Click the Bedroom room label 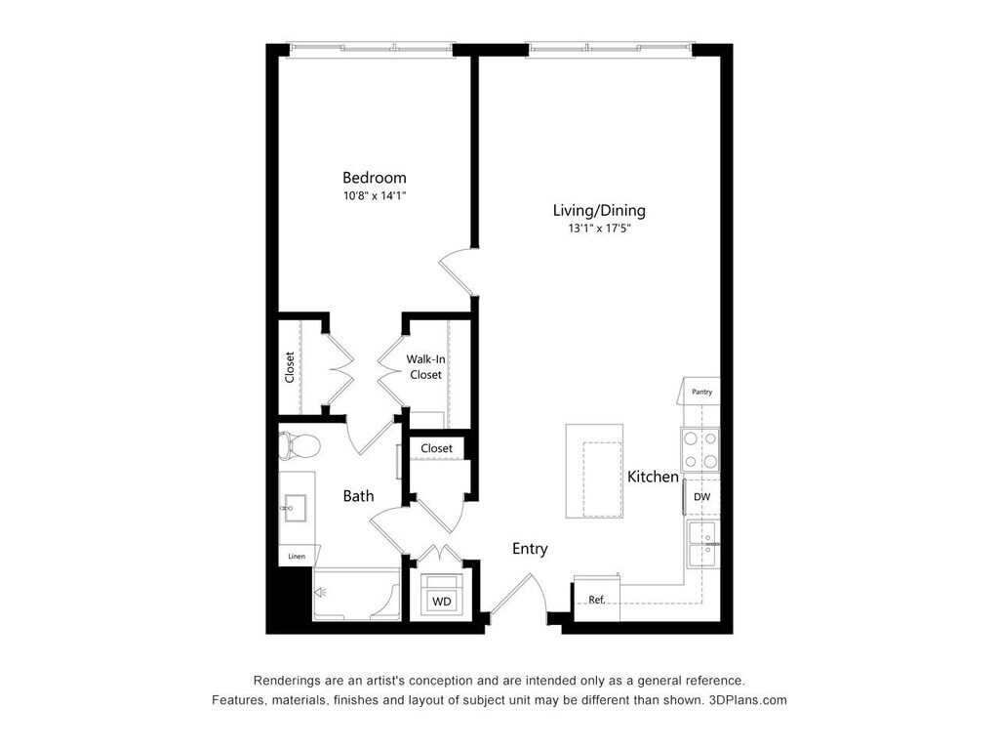(x=374, y=178)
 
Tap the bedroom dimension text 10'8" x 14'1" (x=374, y=196)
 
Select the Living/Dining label (x=599, y=210)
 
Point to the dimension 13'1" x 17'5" (x=599, y=229)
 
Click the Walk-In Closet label (x=425, y=367)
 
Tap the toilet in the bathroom (x=299, y=446)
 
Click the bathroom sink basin (x=293, y=508)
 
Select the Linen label (x=297, y=557)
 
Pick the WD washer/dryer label (x=442, y=602)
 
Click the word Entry (x=530, y=549)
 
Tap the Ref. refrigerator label (x=597, y=600)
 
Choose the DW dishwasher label (x=701, y=497)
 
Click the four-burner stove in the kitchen (x=700, y=450)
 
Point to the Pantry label (x=701, y=392)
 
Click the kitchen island (x=594, y=471)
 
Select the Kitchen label (x=653, y=477)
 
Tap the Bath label (x=358, y=496)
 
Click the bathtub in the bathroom (x=356, y=593)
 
